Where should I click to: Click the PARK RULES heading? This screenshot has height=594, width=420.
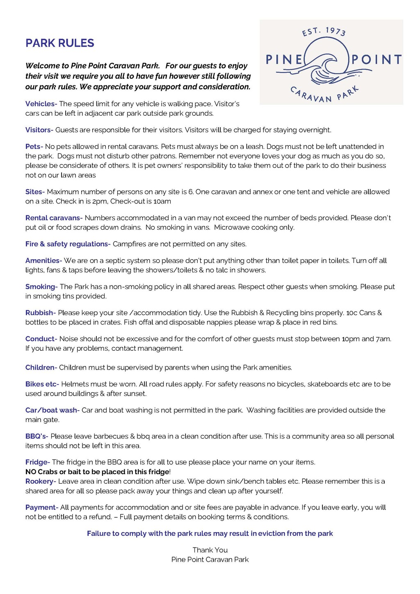pos(60,43)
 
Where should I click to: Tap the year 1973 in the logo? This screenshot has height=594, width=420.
pos(336,31)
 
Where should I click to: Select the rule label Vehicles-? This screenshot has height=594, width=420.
pos(41,104)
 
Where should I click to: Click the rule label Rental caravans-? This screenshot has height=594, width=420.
pos(54,218)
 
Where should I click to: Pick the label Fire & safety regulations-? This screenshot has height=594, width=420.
pos(68,244)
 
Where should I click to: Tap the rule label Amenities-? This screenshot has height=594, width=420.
pos(43,260)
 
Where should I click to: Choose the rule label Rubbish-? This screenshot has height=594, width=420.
pos(41,313)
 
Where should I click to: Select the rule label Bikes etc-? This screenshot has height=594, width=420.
pos(42,384)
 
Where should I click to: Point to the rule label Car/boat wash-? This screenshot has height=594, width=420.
pos(52,410)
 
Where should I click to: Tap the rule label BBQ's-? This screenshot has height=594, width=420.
pos(37,436)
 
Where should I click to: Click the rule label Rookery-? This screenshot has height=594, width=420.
pos(41,481)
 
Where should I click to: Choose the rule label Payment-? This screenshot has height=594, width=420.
pos(42,507)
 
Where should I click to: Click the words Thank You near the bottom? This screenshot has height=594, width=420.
pos(210,550)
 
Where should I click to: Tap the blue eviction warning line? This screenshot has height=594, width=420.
pos(210,533)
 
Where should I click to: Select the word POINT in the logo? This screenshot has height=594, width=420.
pos(376,60)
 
